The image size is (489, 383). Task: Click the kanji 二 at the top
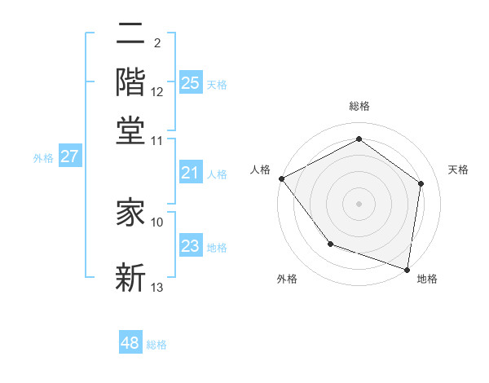[x=131, y=35]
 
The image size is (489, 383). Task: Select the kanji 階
[x=131, y=81]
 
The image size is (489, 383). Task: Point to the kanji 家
[x=131, y=212]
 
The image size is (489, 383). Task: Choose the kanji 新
[x=131, y=277]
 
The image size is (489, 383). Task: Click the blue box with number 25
[x=190, y=82]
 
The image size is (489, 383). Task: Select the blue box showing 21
[x=190, y=173]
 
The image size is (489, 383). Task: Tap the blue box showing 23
[x=190, y=246]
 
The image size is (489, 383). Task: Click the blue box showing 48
[x=130, y=343]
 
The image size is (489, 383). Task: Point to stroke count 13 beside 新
[x=157, y=287]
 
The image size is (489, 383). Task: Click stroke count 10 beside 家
[x=157, y=222]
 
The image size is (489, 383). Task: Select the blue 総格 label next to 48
[x=156, y=345]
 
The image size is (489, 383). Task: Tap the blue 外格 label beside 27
[x=43, y=158]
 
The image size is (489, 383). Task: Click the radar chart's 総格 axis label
[x=359, y=106]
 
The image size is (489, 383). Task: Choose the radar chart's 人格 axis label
[x=261, y=169]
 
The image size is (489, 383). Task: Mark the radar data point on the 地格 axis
[x=407, y=269]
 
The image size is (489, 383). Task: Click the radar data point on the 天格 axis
[x=421, y=183]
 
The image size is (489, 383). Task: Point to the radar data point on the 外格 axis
[x=330, y=244]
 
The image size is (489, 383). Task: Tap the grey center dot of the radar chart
[x=359, y=203]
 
